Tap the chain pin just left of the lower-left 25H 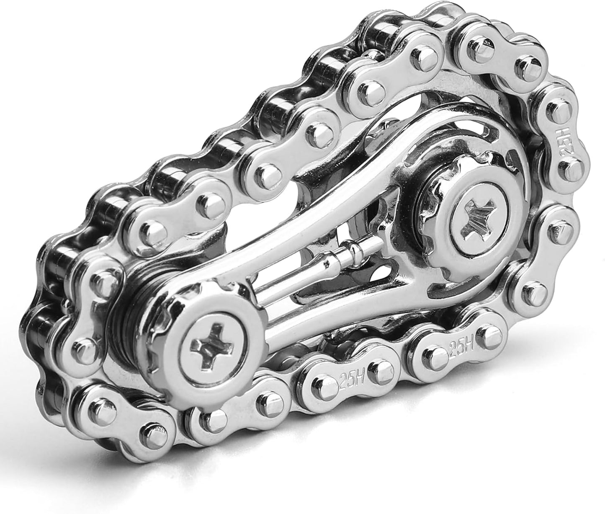point(321,382)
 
